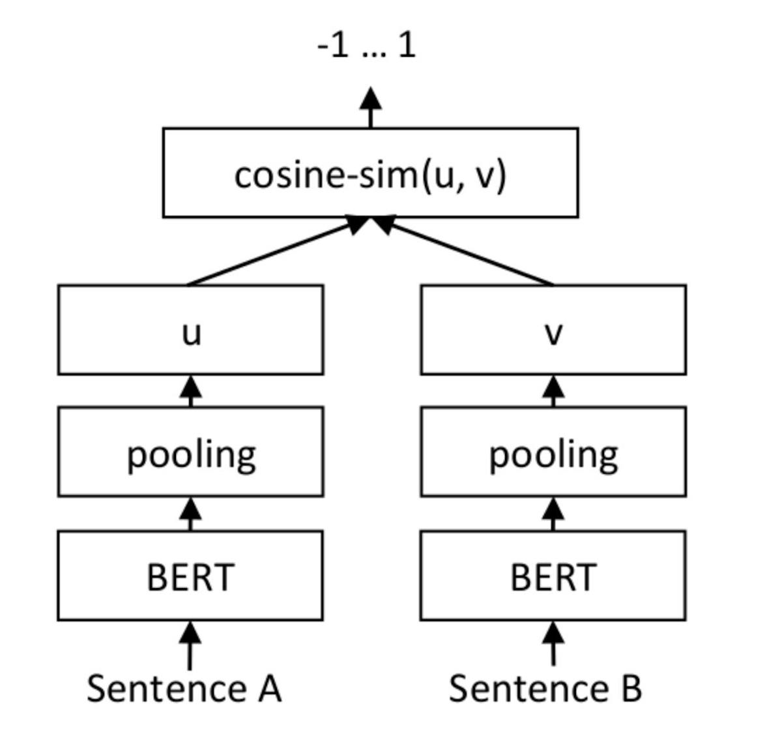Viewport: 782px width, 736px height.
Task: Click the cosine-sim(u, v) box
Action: (x=370, y=173)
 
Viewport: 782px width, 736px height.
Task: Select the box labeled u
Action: (x=190, y=330)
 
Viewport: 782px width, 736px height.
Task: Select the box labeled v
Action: (x=553, y=330)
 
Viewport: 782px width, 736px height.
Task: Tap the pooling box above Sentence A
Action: (x=190, y=452)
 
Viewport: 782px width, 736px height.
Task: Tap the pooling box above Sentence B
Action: (x=553, y=452)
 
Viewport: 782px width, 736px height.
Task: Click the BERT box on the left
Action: (x=190, y=576)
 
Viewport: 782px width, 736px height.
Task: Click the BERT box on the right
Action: (x=553, y=576)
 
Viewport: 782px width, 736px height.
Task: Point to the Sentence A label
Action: (x=184, y=688)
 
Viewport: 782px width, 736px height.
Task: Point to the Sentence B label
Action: (x=545, y=688)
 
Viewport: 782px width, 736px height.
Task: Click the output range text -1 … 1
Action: (x=366, y=46)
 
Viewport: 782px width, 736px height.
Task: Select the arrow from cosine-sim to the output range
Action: (x=371, y=108)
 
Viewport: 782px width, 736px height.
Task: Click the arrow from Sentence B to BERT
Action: (x=553, y=644)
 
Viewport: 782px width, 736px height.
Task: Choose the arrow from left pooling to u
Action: (x=190, y=391)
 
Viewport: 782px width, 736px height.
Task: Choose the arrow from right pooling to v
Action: (x=553, y=391)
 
